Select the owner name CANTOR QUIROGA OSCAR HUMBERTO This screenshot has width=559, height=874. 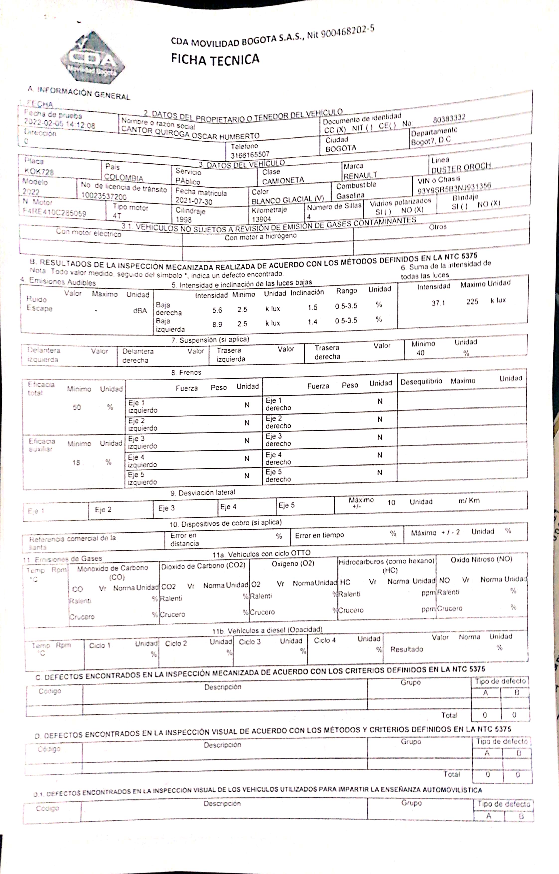[x=190, y=133]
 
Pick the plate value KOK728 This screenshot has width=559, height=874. [x=39, y=171]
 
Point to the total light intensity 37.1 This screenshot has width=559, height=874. [x=438, y=303]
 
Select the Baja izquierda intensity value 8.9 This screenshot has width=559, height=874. [x=217, y=324]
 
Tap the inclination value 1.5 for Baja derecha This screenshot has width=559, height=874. [x=312, y=307]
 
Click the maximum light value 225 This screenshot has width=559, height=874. [x=472, y=301]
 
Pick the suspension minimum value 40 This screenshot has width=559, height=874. [x=420, y=353]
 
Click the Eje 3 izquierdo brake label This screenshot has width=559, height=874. [x=142, y=442]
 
